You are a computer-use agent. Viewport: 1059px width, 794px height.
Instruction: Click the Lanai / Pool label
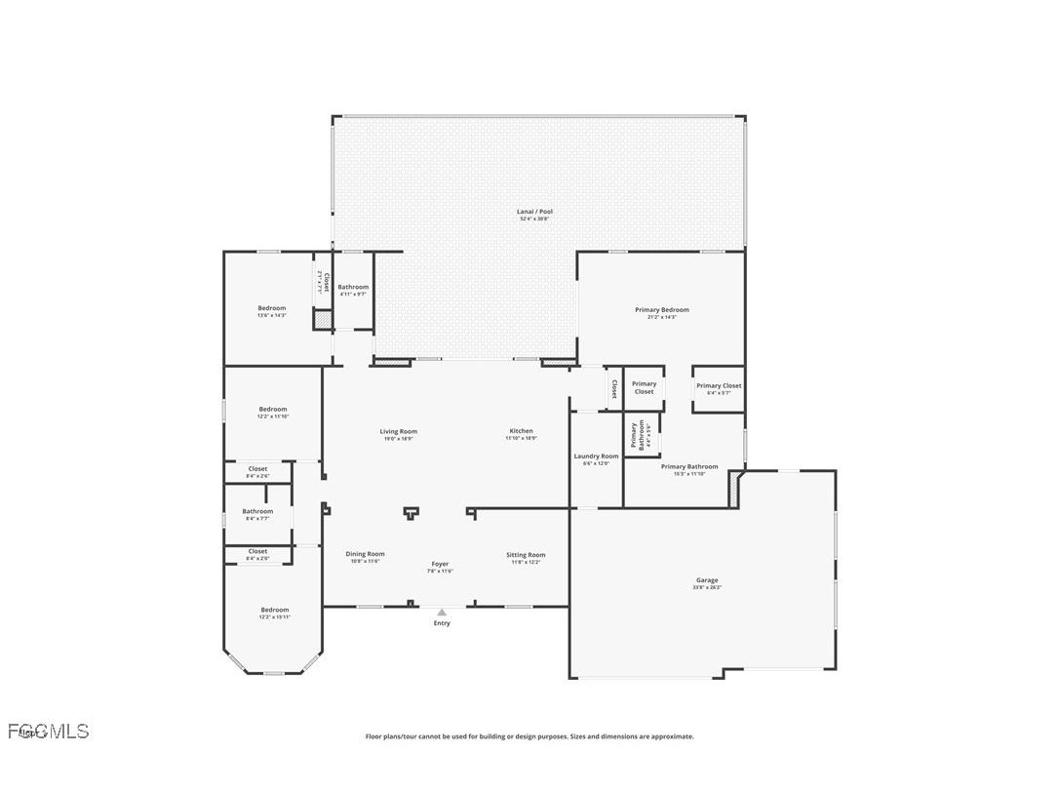click(x=534, y=215)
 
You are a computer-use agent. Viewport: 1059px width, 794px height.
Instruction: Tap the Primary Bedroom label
click(x=661, y=313)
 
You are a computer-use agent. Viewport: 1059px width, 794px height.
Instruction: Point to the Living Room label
click(x=398, y=434)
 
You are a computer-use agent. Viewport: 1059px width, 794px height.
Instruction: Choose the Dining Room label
click(x=365, y=557)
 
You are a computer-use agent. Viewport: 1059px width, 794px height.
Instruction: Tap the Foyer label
click(x=441, y=567)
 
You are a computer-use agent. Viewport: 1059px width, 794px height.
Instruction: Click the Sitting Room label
click(x=526, y=558)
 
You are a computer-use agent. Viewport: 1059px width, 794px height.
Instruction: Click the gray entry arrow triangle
click(x=442, y=613)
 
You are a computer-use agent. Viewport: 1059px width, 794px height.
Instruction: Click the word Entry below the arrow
click(x=442, y=623)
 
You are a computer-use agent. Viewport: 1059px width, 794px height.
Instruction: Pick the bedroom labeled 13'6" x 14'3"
click(x=271, y=311)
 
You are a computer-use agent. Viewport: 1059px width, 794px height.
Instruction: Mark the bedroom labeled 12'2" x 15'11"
click(x=274, y=613)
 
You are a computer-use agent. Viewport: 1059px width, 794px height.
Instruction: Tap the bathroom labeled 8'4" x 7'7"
click(x=257, y=514)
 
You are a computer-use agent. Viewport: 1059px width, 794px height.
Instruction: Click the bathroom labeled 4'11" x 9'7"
click(x=353, y=290)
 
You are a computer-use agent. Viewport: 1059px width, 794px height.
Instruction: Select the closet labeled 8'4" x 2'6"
click(x=257, y=472)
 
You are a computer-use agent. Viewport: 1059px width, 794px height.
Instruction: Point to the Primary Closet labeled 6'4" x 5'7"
click(x=719, y=388)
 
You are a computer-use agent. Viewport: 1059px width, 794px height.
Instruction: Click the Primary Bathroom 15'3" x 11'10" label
click(x=688, y=469)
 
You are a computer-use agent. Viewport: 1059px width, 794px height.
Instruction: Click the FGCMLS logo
click(x=49, y=732)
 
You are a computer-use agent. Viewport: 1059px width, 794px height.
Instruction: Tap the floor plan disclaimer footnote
click(x=529, y=736)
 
